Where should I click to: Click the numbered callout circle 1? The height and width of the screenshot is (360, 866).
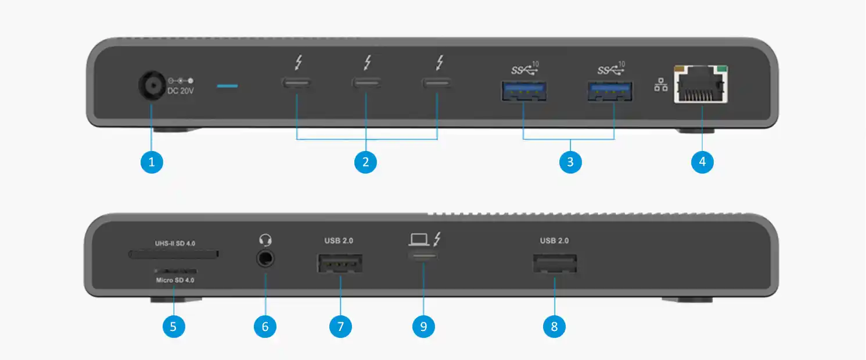[x=152, y=162]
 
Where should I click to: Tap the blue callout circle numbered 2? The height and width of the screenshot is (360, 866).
[x=365, y=162]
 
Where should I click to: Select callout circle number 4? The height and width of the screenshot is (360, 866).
[x=702, y=162]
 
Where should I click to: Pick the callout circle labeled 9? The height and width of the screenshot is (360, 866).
[x=423, y=326]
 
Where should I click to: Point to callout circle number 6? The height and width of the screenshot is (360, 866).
[x=265, y=326]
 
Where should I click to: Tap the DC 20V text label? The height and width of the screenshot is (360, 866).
[x=181, y=92]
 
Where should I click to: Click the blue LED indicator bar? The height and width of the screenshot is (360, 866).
[x=227, y=87]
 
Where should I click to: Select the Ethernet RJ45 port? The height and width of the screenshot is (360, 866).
[x=702, y=85]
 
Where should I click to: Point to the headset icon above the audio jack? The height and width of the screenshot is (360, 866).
[x=265, y=240]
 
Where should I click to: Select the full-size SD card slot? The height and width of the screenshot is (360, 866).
[x=174, y=254]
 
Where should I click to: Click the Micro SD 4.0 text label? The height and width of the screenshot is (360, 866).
[x=175, y=280]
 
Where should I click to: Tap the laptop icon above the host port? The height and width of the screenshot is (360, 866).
[x=418, y=239]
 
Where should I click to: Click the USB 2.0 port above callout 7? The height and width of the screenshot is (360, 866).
[x=340, y=263]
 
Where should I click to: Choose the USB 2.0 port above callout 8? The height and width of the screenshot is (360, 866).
[x=555, y=264]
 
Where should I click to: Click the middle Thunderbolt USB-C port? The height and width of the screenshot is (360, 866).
[x=365, y=82]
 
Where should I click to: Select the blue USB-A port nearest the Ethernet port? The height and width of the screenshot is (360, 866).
[x=610, y=92]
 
